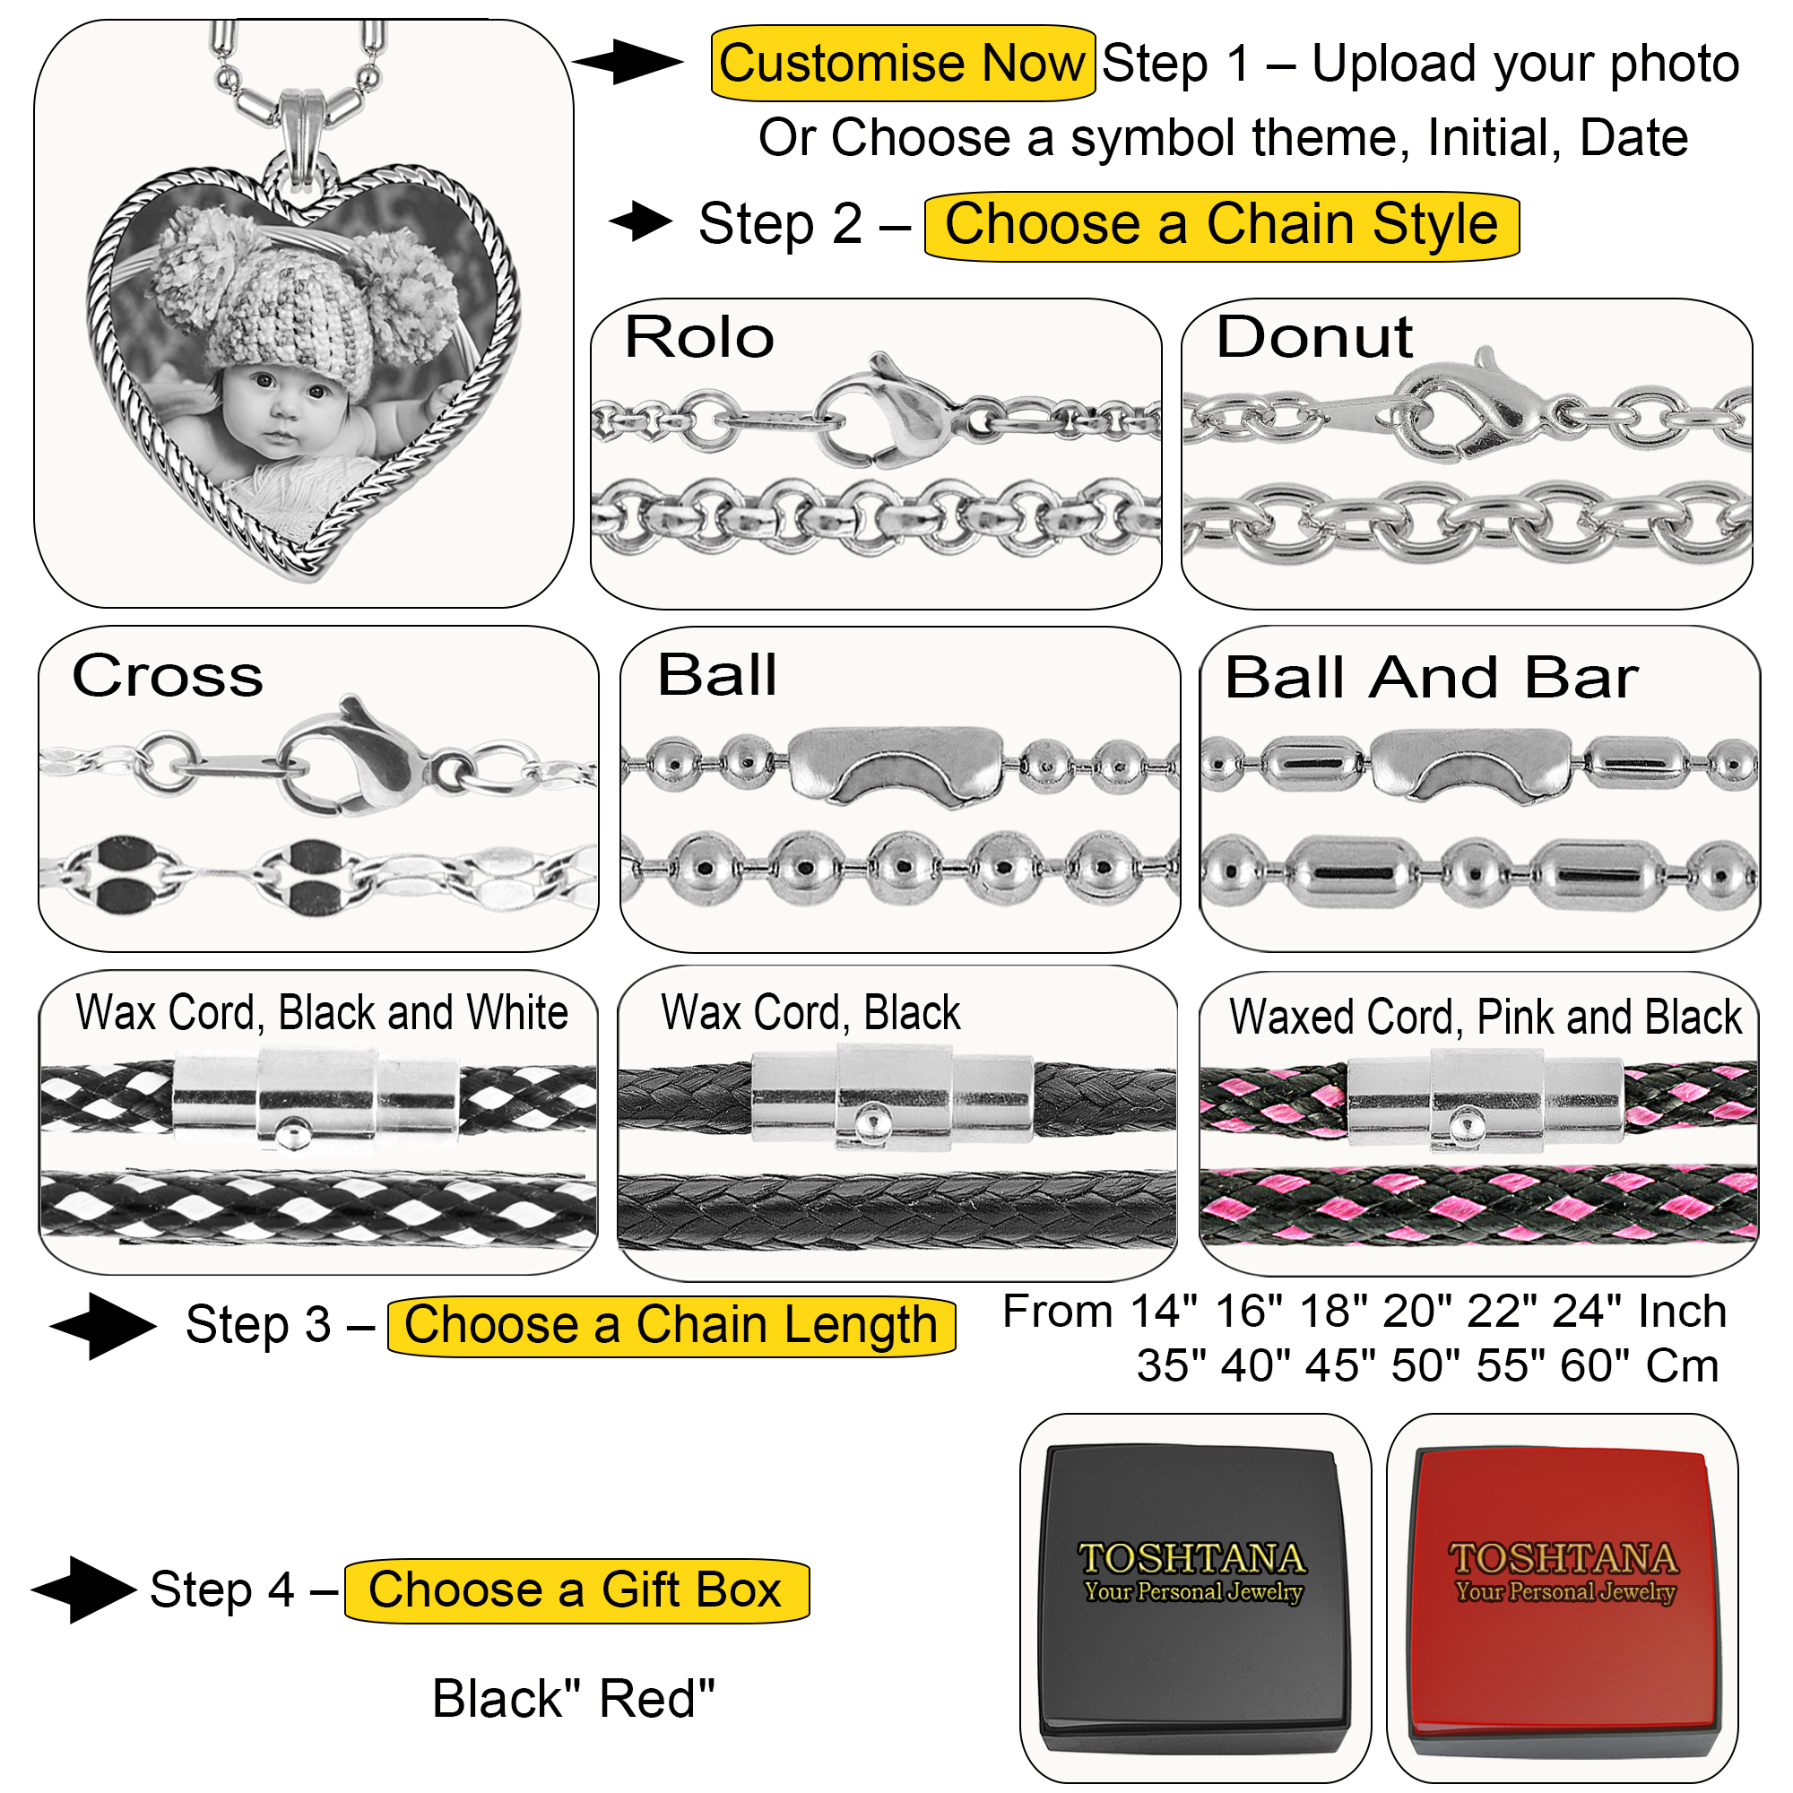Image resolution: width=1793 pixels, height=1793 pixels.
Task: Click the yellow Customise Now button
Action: tap(901, 63)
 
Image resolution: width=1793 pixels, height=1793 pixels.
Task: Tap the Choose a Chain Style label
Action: tap(1220, 225)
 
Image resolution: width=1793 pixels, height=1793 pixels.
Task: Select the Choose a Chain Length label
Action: tap(670, 1324)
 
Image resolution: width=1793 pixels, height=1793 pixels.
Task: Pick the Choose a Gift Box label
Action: tap(576, 1589)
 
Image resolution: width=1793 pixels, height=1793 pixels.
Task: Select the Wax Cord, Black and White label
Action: tap(321, 1011)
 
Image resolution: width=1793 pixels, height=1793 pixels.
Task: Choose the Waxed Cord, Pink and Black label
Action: tap(1485, 1017)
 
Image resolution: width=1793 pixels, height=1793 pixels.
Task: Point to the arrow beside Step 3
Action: tap(104, 1325)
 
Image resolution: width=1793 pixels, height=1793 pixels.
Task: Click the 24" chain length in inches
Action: tap(1590, 1312)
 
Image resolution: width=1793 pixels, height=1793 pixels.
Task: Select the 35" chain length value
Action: tap(1171, 1366)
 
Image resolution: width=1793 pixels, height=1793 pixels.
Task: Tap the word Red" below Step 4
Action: tap(657, 1699)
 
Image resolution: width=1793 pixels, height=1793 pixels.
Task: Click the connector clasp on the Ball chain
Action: tap(896, 764)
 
